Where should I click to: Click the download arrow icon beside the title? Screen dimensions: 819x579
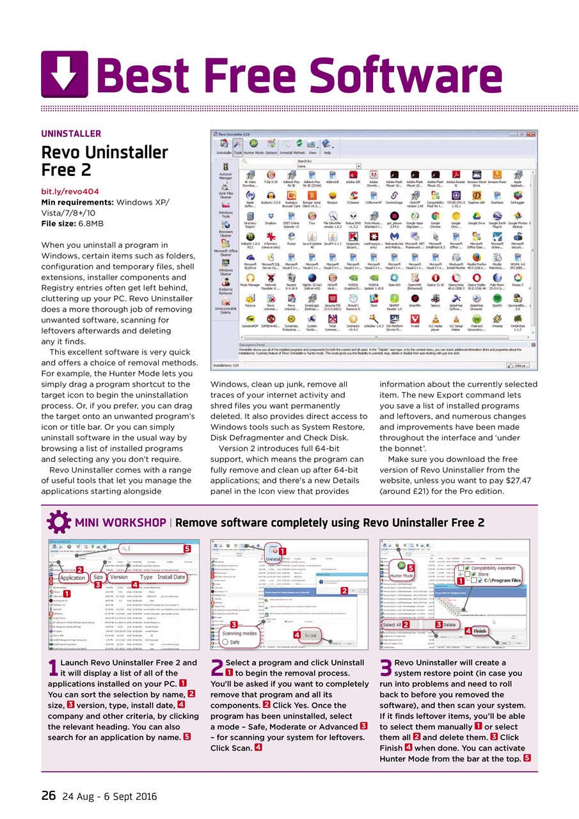(65, 74)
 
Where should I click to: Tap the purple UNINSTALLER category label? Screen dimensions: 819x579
(71, 134)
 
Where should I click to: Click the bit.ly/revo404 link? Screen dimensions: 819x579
(70, 191)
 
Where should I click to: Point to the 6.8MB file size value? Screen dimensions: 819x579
(91, 223)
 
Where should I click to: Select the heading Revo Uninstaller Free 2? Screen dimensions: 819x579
(104, 161)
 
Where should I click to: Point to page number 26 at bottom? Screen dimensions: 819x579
(48, 796)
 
